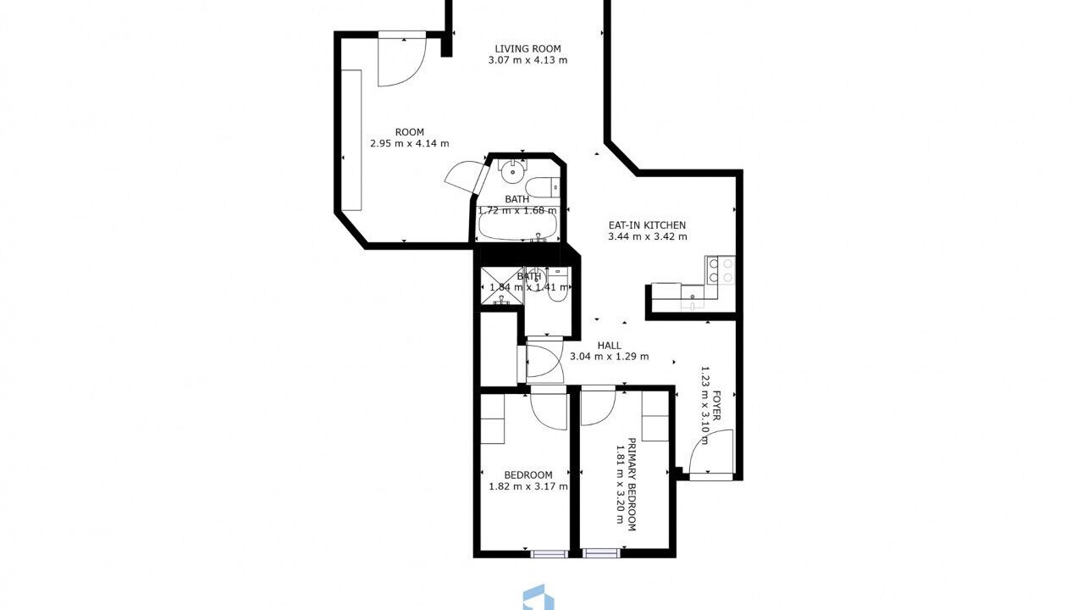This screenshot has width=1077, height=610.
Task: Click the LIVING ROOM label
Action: pyautogui.click(x=528, y=48)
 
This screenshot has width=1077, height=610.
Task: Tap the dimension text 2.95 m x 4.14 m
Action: pyautogui.click(x=410, y=143)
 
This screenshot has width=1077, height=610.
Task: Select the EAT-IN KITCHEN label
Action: pyautogui.click(x=647, y=225)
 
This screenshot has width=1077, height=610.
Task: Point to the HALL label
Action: pyautogui.click(x=609, y=346)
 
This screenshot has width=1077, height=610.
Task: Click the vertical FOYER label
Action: pyautogui.click(x=716, y=406)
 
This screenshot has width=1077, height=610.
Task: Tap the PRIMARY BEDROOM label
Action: pyautogui.click(x=632, y=485)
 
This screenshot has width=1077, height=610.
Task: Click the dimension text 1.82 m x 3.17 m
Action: pyautogui.click(x=528, y=486)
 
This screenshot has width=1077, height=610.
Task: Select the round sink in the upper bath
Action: pyautogui.click(x=512, y=171)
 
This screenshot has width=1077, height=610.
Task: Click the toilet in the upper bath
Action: pyautogui.click(x=543, y=187)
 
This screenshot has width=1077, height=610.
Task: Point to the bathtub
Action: pyautogui.click(x=518, y=226)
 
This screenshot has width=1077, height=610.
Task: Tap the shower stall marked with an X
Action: pyautogui.click(x=501, y=286)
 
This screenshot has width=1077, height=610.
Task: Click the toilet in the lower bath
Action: pyautogui.click(x=558, y=286)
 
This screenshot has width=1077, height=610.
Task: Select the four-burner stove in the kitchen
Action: pyautogui.click(x=721, y=270)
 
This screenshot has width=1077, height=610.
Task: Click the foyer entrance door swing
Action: pyautogui.click(x=711, y=452)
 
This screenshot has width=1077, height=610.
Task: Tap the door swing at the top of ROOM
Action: pyautogui.click(x=402, y=60)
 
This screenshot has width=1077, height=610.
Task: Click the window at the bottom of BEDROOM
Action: pyautogui.click(x=549, y=554)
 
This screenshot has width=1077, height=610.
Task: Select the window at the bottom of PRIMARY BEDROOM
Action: pyautogui.click(x=601, y=554)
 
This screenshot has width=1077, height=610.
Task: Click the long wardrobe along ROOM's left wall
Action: pyautogui.click(x=351, y=140)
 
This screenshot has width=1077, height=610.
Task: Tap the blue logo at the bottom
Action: pyautogui.click(x=538, y=598)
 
